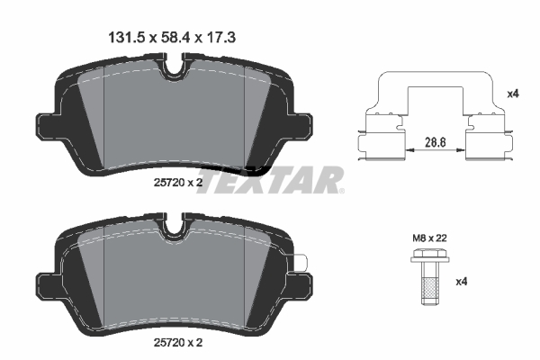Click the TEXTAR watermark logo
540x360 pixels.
pyautogui.click(x=270, y=180)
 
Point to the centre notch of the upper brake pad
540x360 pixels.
pyautogui.click(x=174, y=67)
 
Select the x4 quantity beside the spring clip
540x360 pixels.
pyautogui.click(x=513, y=94)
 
